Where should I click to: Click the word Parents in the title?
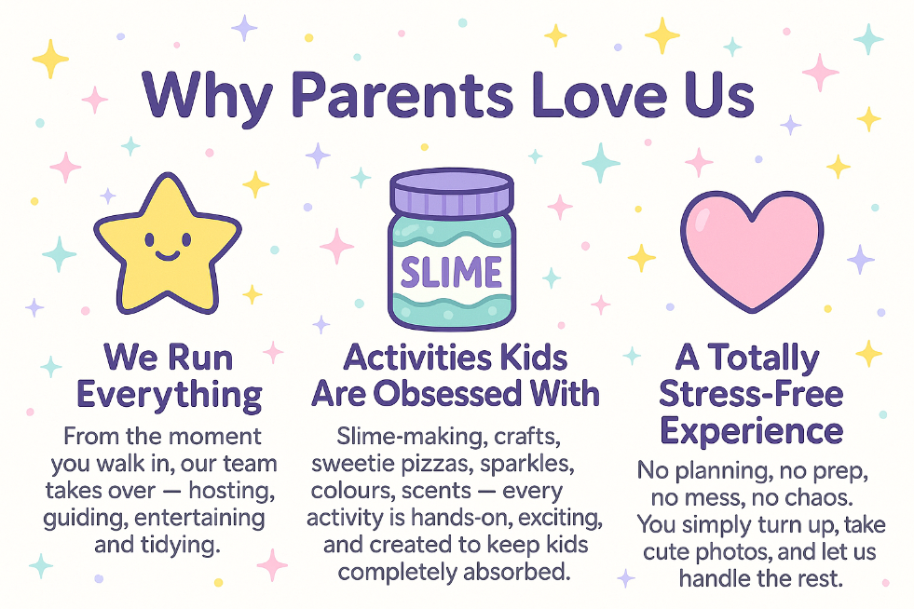[x=402, y=95]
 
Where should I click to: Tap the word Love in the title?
[x=599, y=95]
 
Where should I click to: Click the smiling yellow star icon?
[x=168, y=244]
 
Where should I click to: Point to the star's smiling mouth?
[x=168, y=255]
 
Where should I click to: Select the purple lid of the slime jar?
[x=452, y=192]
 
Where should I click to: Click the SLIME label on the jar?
[x=451, y=272]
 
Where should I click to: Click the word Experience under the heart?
[x=751, y=432]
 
